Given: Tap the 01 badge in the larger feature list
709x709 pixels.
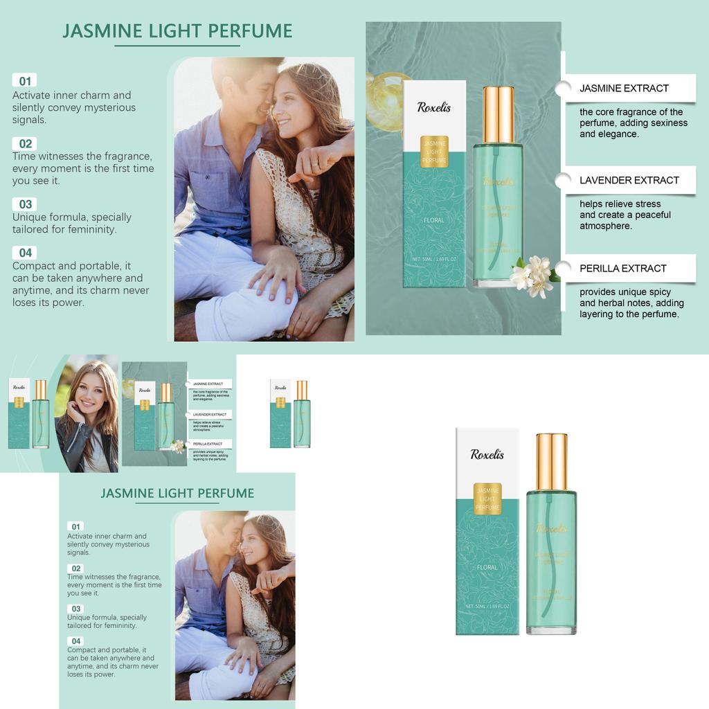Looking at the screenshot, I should (x=25, y=81).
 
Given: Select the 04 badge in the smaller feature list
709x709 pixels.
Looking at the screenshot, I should (x=76, y=641).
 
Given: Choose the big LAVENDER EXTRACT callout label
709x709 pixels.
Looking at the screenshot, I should (x=629, y=180).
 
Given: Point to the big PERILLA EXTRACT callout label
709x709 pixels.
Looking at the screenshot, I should (x=623, y=268).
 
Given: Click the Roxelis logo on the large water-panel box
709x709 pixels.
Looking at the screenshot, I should (x=434, y=107).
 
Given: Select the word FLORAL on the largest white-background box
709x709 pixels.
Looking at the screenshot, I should (x=487, y=567).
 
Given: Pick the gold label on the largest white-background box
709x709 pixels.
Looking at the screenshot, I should (x=487, y=499).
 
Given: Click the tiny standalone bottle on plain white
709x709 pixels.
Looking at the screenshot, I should (x=302, y=413).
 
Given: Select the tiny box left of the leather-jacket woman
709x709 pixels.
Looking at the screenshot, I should (x=19, y=413).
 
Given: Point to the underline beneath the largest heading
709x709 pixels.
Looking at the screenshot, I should (x=177, y=46).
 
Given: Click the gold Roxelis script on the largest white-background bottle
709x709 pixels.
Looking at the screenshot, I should (x=551, y=528).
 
